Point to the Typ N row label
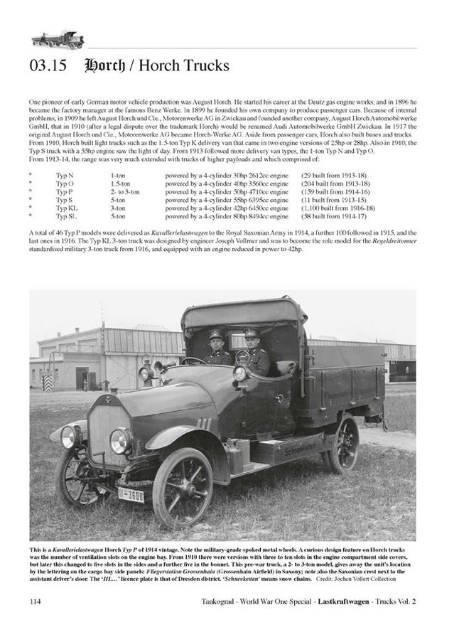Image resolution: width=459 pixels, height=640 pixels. pos(64,176)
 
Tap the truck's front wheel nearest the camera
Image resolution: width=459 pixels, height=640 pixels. pos(182,487)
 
